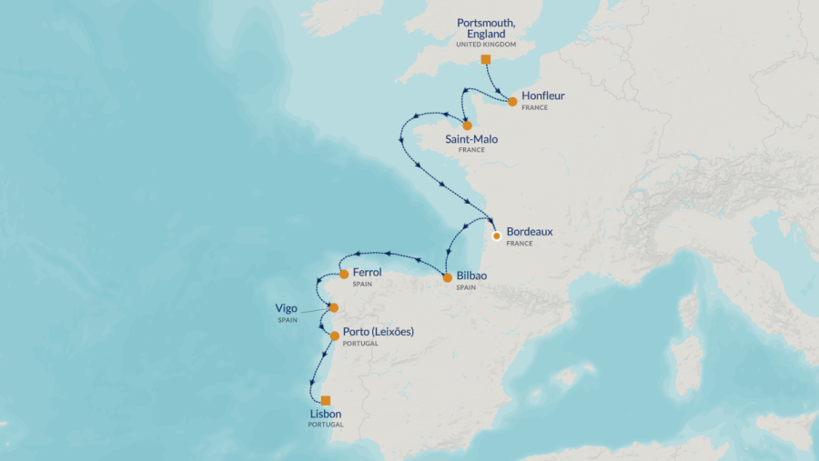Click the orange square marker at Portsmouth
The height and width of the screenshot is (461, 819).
tap(485, 59)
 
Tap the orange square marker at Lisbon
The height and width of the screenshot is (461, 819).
tap(325, 400)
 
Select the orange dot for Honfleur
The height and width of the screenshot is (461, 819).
tap(512, 101)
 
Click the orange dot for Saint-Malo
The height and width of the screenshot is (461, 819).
tap(467, 125)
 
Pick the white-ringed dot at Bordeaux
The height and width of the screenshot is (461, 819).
tap(496, 236)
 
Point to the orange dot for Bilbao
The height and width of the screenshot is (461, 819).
tap(447, 277)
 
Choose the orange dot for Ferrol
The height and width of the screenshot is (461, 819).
tap(344, 274)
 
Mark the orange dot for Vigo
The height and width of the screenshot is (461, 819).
tap(334, 307)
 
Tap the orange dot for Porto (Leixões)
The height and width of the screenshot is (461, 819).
tap(335, 336)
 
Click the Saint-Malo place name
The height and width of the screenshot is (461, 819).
tap(471, 139)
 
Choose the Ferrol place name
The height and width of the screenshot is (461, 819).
tap(367, 271)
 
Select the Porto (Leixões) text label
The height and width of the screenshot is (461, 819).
tap(378, 332)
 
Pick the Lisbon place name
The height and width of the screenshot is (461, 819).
tap(326, 414)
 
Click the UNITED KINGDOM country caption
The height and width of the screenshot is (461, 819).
tap(486, 44)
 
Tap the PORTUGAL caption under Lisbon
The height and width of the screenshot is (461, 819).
tap(326, 425)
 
